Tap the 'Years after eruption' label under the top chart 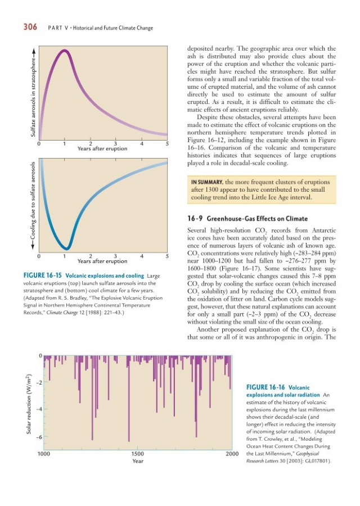[x=102, y=148]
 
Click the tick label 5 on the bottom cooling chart [x=168, y=256]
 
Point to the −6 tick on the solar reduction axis [x=38, y=437]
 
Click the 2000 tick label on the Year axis [x=232, y=453]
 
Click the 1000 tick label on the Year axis [x=43, y=453]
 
